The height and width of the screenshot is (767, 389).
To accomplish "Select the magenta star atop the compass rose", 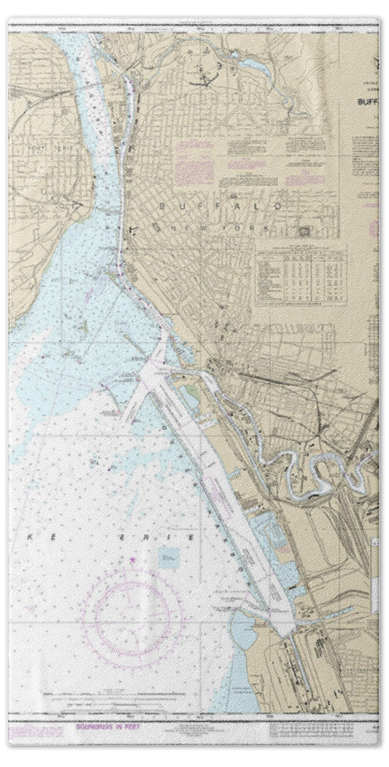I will click(x=132, y=559).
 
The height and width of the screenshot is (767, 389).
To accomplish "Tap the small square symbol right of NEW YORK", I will click(x=303, y=230).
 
